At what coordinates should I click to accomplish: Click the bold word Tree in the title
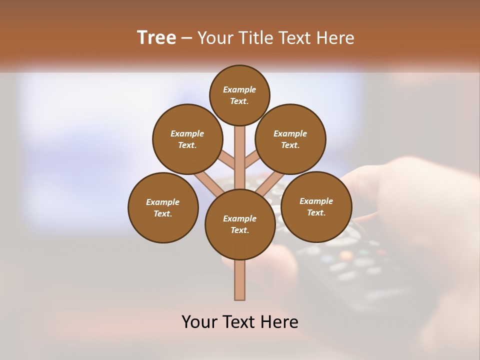tap(156, 37)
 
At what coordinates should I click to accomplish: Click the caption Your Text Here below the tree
tap(239, 321)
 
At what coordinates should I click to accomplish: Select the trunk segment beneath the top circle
tap(239, 150)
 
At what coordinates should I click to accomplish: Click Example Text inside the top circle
tap(239, 95)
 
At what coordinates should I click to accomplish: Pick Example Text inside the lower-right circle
tap(316, 206)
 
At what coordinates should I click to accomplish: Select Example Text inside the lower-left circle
tap(163, 207)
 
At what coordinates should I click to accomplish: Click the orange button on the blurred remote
tap(345, 255)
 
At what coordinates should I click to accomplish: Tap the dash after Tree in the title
tap(186, 38)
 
